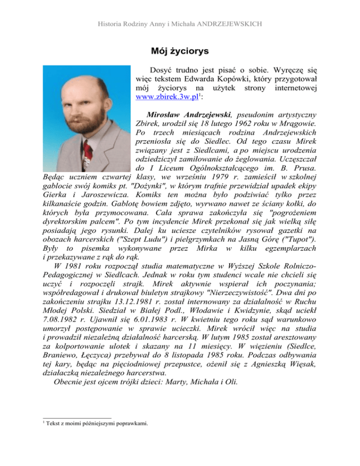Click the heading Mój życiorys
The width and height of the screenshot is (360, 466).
click(x=180, y=50)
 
